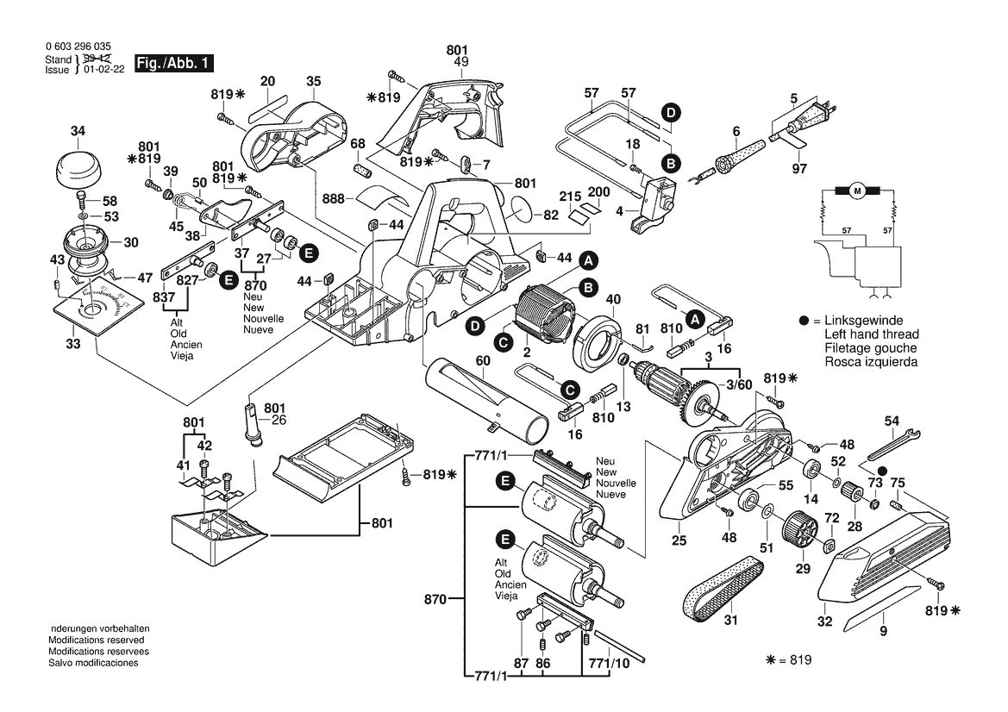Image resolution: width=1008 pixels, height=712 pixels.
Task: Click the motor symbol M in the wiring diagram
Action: coord(857,190)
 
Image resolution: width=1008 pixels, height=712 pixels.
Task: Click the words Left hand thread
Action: coord(871,334)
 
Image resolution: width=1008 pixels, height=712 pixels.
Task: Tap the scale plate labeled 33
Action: coord(93,310)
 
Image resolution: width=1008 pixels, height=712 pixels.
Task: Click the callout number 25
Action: coord(679,541)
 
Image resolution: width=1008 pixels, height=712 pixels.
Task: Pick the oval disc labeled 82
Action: coord(523,211)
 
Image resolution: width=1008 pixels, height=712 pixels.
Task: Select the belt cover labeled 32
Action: coord(884,560)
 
